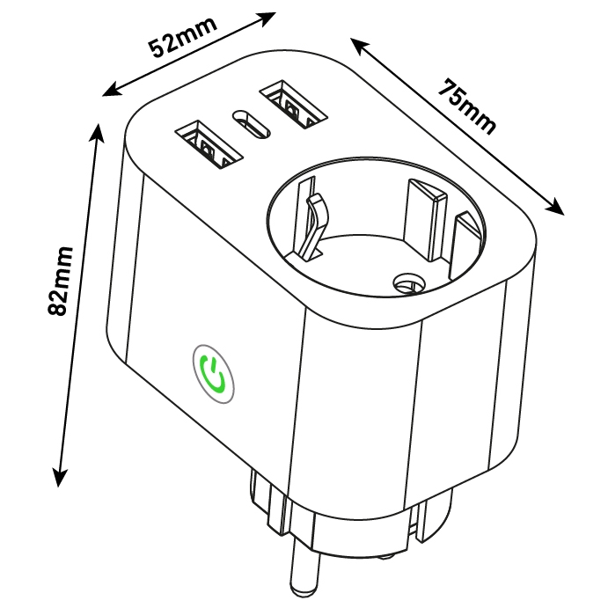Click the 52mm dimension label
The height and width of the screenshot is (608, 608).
(183, 37)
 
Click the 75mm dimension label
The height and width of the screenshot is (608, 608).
(467, 107)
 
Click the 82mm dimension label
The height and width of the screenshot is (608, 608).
(60, 281)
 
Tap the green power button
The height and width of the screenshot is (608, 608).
(213, 374)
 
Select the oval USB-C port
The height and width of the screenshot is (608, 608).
(251, 124)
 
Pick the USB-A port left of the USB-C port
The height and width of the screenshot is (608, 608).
(209, 144)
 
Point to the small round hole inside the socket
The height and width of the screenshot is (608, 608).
(408, 284)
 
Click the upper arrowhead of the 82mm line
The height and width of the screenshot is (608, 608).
(97, 133)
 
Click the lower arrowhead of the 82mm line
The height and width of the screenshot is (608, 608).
(59, 477)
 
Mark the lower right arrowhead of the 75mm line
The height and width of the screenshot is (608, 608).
(554, 207)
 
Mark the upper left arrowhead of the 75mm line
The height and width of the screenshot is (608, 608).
(360, 47)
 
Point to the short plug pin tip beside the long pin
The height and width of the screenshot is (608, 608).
(385, 557)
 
